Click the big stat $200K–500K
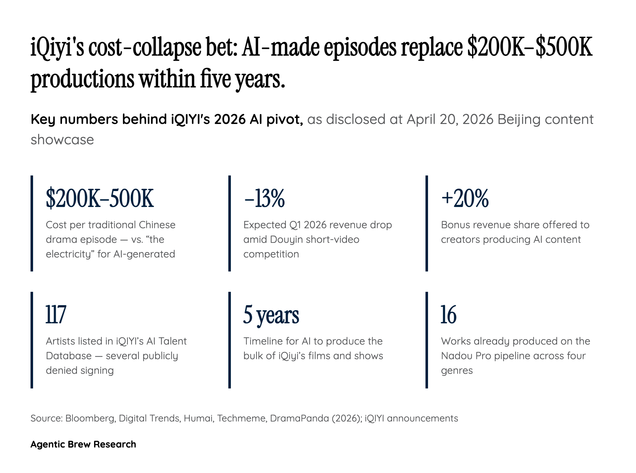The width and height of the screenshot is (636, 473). click(x=100, y=198)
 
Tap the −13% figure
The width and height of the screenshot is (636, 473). click(x=264, y=198)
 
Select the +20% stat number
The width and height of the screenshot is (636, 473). click(x=465, y=198)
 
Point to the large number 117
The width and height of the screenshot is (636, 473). click(x=56, y=315)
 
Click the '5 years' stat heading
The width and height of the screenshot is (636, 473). click(x=271, y=315)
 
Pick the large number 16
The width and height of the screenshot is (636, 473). click(x=448, y=315)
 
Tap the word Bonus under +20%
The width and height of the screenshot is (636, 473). click(x=455, y=225)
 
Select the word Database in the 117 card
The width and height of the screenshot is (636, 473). click(x=69, y=356)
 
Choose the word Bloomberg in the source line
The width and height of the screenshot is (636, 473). click(x=90, y=418)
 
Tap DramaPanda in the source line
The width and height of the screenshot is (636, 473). click(x=299, y=418)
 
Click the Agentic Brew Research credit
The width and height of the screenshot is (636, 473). click(x=83, y=444)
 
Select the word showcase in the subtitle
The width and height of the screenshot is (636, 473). click(x=62, y=140)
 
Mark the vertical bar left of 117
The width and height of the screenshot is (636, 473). click(x=32, y=340)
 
